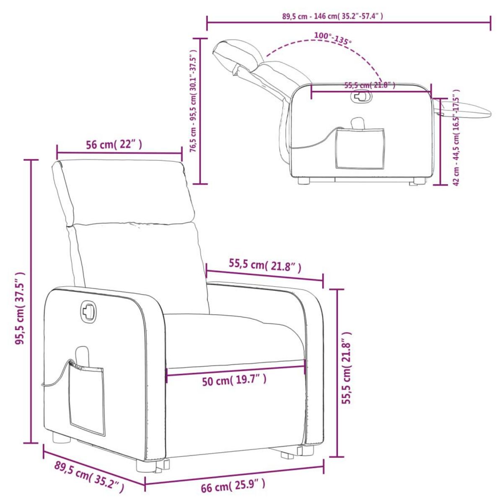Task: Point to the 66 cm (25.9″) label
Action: pyautogui.click(x=233, y=486)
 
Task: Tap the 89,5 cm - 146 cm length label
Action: pyautogui.click(x=332, y=16)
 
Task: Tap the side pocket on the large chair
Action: pyautogui.click(x=87, y=398)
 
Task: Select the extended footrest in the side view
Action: pyautogui.click(x=465, y=110)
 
